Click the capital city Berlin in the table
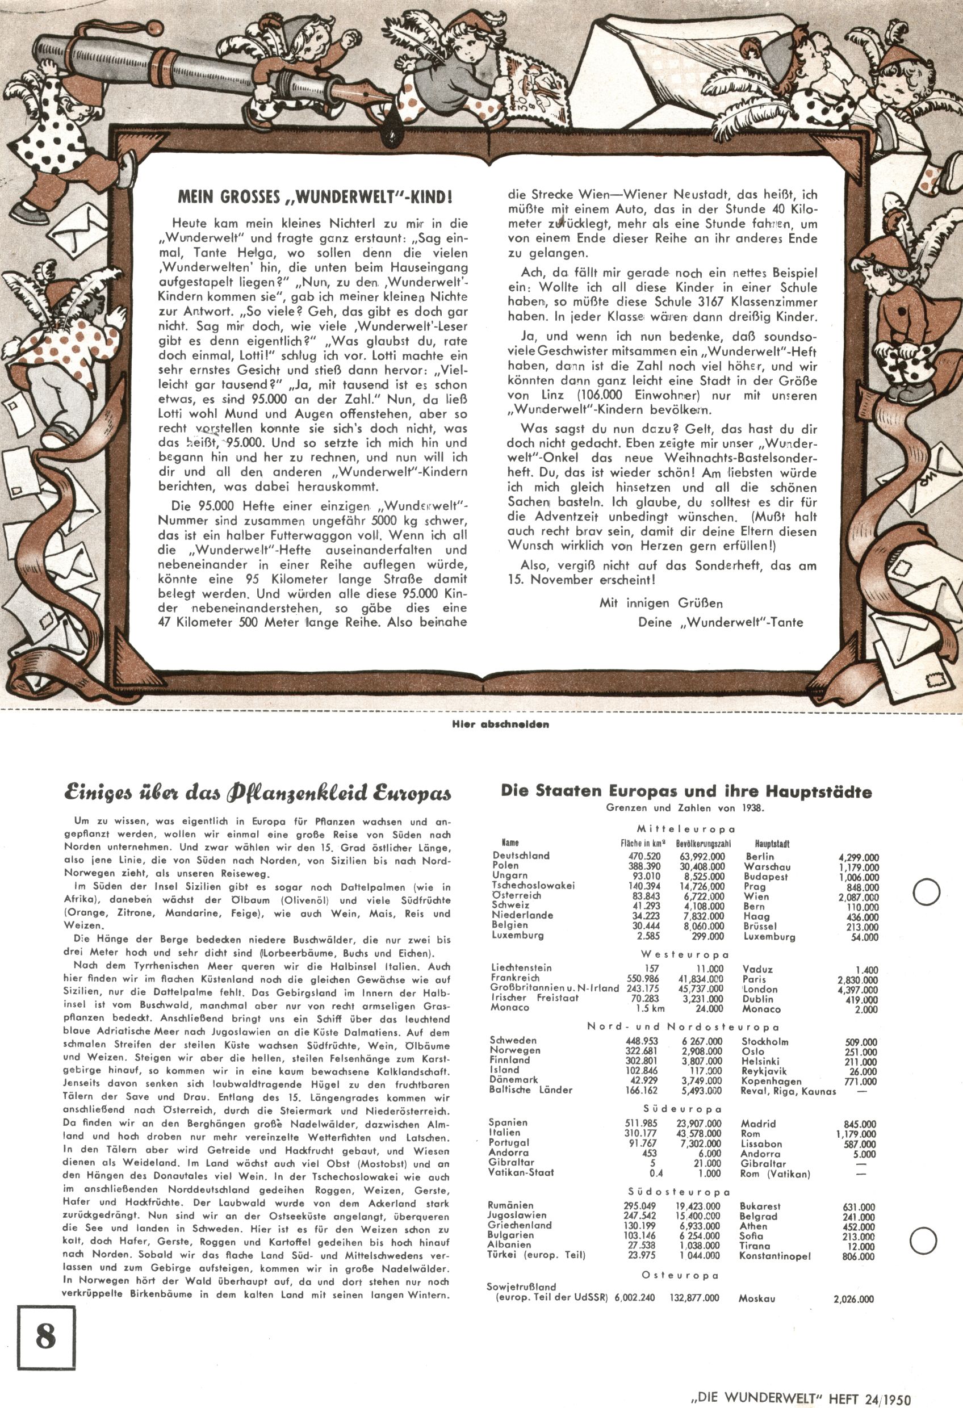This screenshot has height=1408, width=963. [759, 857]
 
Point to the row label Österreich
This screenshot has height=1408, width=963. [517, 895]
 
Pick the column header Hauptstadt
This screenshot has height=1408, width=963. [772, 843]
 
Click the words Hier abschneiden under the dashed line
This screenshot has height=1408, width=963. [501, 724]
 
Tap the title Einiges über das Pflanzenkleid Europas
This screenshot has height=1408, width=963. [258, 793]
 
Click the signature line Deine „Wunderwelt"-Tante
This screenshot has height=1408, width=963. [720, 622]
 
